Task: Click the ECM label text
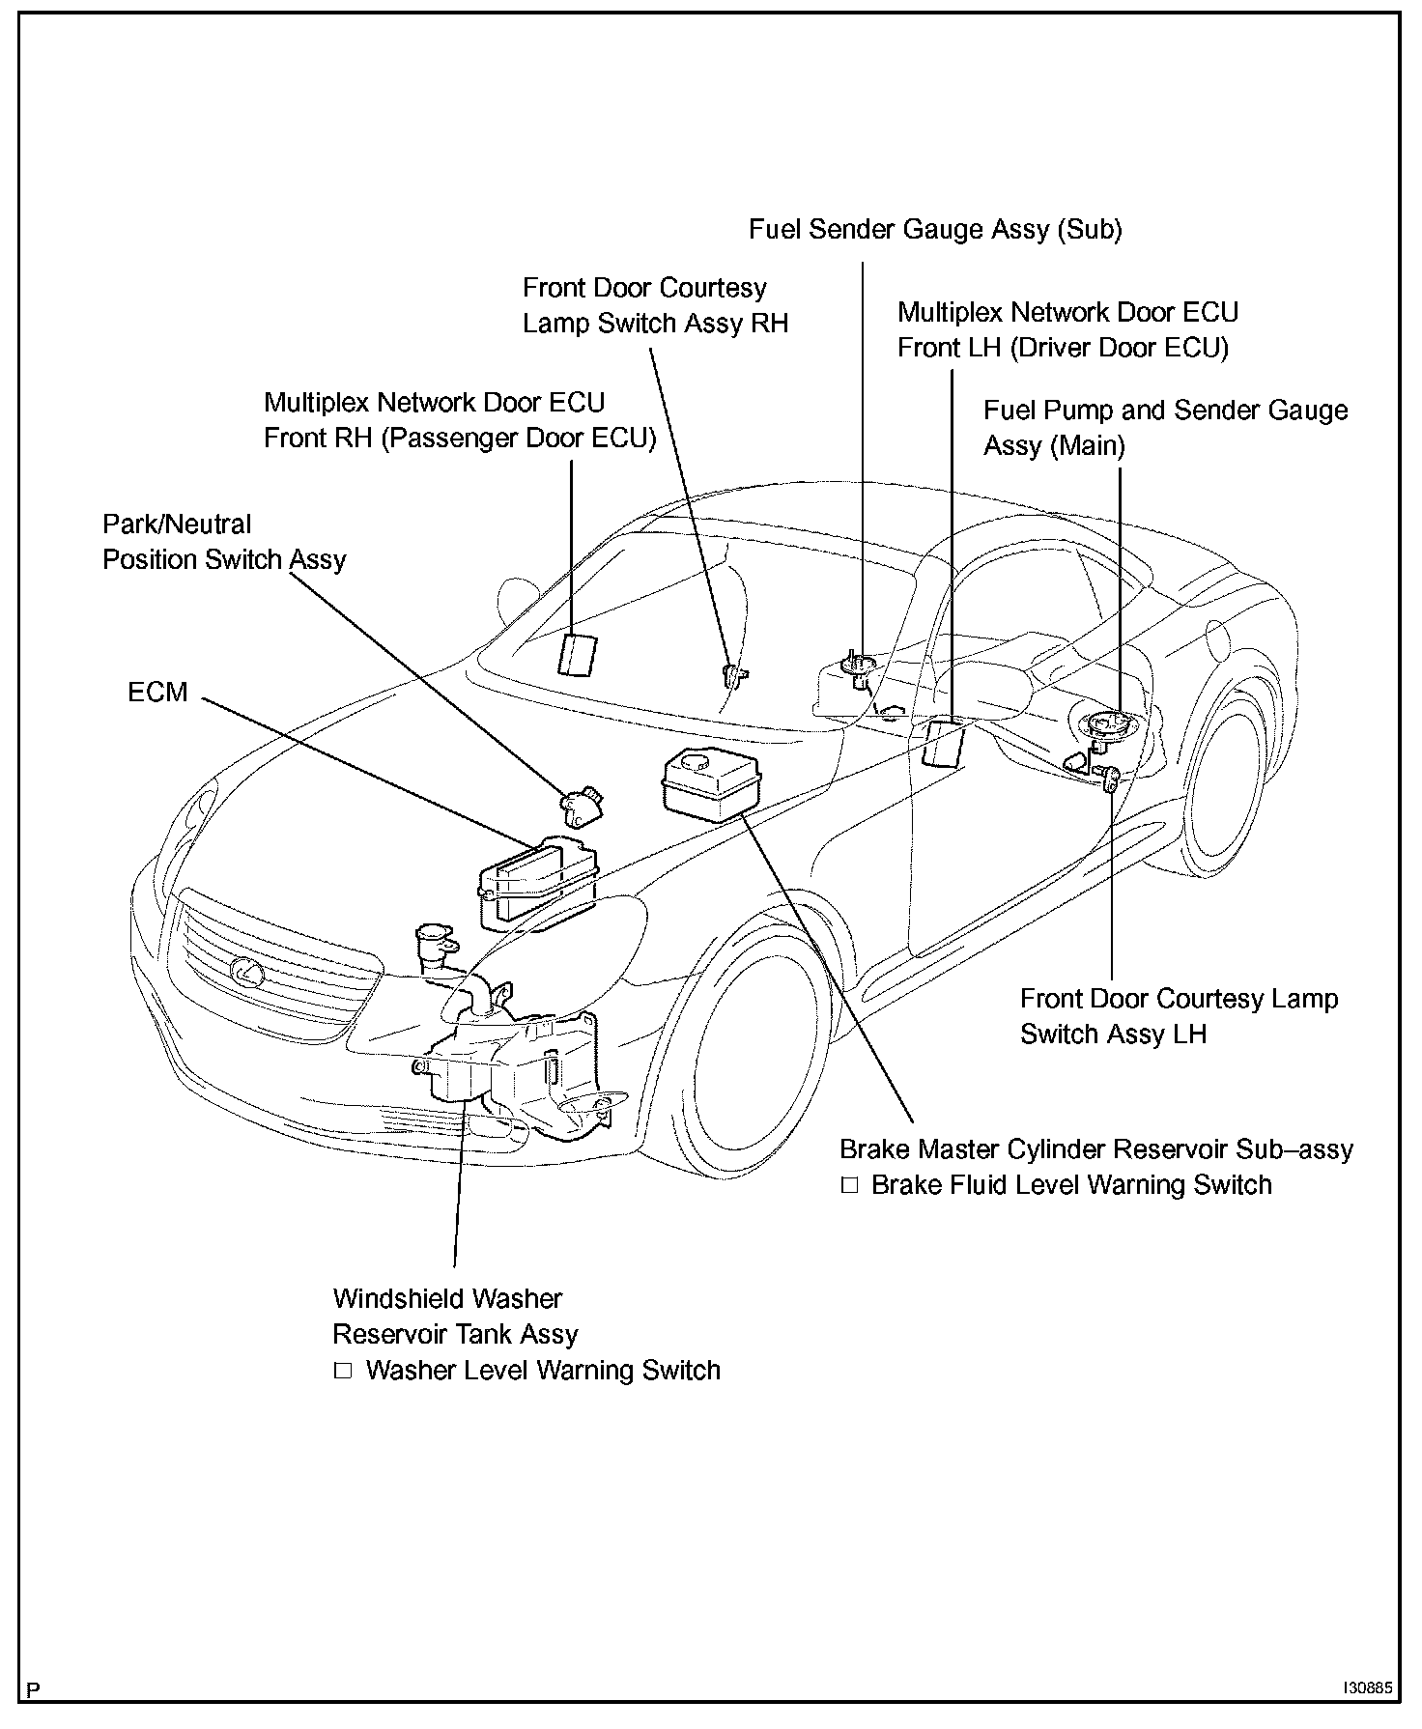[x=157, y=693]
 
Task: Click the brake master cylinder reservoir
[x=710, y=780]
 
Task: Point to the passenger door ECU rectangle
[x=577, y=654]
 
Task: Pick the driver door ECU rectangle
[x=944, y=741]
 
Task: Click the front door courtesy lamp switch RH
[x=736, y=674]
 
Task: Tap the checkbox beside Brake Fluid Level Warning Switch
[x=849, y=1185]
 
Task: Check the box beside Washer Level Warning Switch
[x=343, y=1371]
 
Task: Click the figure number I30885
[x=1366, y=1689]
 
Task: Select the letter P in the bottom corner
[x=35, y=1690]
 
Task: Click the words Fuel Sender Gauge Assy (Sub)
[x=935, y=229]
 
